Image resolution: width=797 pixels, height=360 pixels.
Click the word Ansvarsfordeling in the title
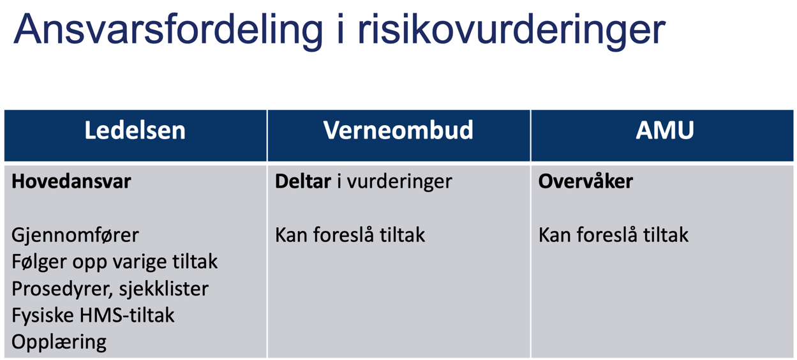pos(168,29)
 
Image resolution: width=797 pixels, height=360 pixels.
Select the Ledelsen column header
pos(135,131)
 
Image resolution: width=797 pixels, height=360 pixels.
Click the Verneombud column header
pos(398,131)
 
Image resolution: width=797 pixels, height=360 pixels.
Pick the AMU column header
pos(664,131)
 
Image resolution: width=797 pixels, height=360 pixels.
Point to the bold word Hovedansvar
pos(71,181)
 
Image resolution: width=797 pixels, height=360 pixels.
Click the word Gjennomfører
pos(75,235)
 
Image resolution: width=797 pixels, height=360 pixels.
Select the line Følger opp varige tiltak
pos(115,262)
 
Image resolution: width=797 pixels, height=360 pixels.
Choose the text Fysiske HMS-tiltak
pos(93,315)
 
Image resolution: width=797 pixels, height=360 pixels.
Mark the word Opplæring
pos(59,342)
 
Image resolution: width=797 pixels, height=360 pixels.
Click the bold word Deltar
pos(302,181)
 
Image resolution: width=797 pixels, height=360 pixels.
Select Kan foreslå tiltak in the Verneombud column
pos(350,235)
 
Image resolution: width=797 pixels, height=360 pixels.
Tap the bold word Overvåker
pos(585,181)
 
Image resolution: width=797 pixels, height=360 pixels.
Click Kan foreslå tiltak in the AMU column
pos(613,235)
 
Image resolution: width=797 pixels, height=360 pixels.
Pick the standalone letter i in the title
pos(339,29)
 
